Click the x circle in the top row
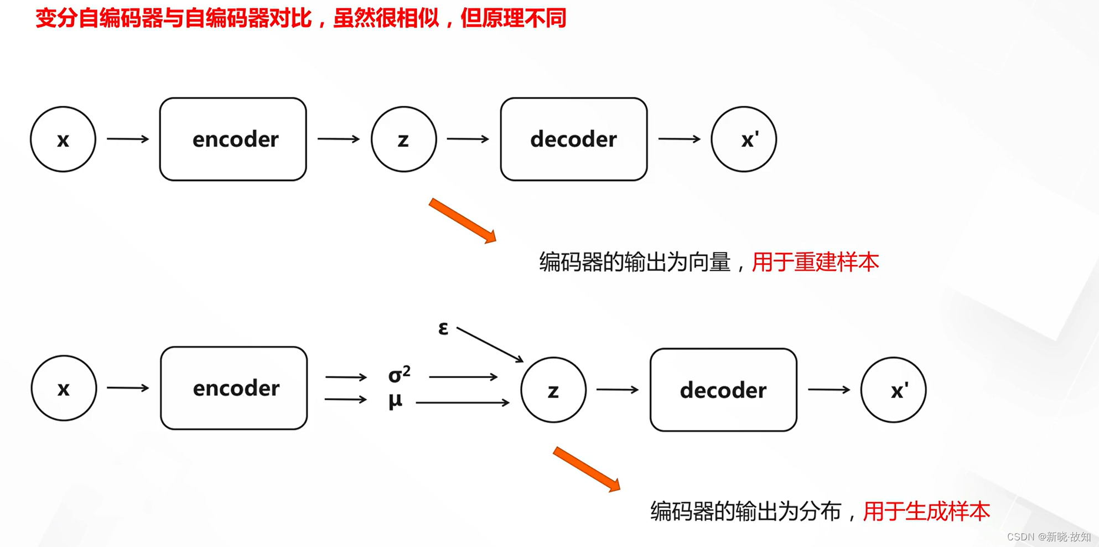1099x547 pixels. [x=63, y=139]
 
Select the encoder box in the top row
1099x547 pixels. [x=233, y=139]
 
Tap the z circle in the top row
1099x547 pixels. [x=403, y=139]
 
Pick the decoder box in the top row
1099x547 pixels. [x=574, y=139]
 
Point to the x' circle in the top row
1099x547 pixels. [x=744, y=139]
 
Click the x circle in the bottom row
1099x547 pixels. [x=64, y=388]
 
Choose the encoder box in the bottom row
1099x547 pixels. [x=234, y=388]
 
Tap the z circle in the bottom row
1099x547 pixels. [x=553, y=390]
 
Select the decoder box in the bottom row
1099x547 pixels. [x=723, y=390]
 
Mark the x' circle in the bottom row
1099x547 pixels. [x=893, y=390]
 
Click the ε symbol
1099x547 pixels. [x=443, y=328]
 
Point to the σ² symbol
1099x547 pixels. [x=399, y=374]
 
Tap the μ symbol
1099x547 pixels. [x=395, y=400]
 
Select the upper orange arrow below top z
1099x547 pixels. [x=463, y=220]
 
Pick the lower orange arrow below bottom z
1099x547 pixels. [x=587, y=469]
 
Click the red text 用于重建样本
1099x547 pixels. [x=815, y=262]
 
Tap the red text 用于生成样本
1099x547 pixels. [x=926, y=511]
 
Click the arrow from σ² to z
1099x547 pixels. [x=463, y=377]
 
